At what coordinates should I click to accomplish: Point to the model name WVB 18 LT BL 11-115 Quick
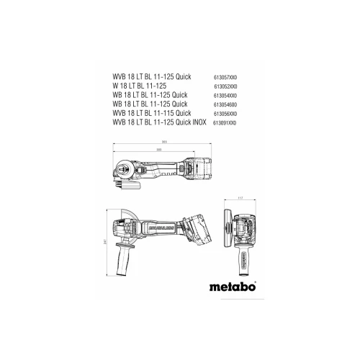coord(152,113)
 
